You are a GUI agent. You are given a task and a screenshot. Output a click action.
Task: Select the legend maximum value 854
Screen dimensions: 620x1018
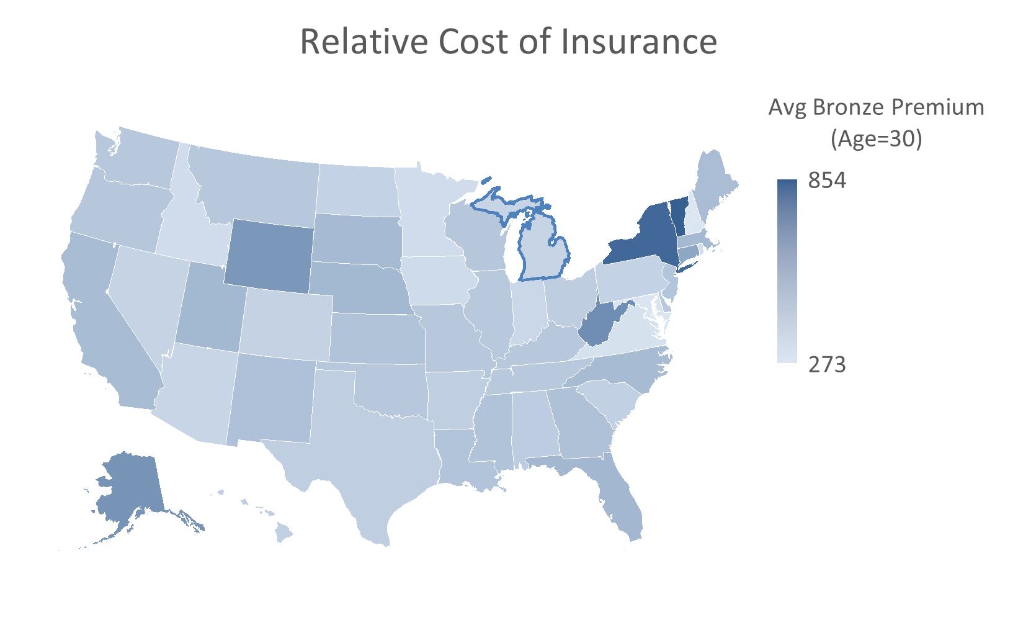pyautogui.click(x=826, y=181)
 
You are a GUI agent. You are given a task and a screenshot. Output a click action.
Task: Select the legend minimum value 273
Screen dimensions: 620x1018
pyautogui.click(x=826, y=364)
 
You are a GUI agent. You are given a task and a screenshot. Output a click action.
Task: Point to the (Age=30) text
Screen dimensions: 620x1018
pyautogui.click(x=876, y=138)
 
